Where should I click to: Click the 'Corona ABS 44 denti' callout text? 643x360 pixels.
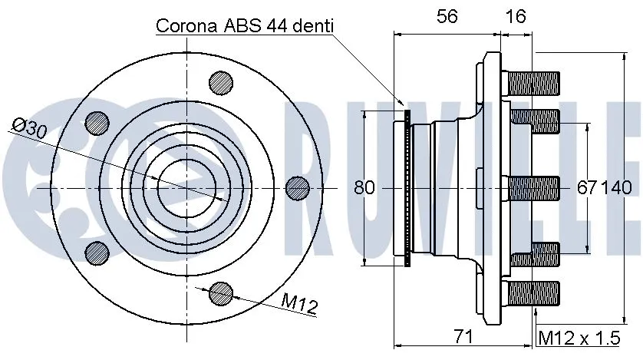[245, 25]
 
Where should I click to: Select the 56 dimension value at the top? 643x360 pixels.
[448, 16]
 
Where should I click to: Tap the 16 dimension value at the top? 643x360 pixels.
[516, 16]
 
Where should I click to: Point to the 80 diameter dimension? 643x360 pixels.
[364, 187]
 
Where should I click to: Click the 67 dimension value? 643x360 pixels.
[587, 187]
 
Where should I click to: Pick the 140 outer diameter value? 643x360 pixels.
[618, 187]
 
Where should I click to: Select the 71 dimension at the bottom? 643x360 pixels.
[461, 336]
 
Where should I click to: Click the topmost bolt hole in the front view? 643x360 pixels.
[221, 81]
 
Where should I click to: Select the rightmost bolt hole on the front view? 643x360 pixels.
[297, 187]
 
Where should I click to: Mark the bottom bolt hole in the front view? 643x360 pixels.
[221, 292]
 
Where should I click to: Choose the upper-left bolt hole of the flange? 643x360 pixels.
[97, 121]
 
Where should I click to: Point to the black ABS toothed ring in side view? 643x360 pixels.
[407, 187]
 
